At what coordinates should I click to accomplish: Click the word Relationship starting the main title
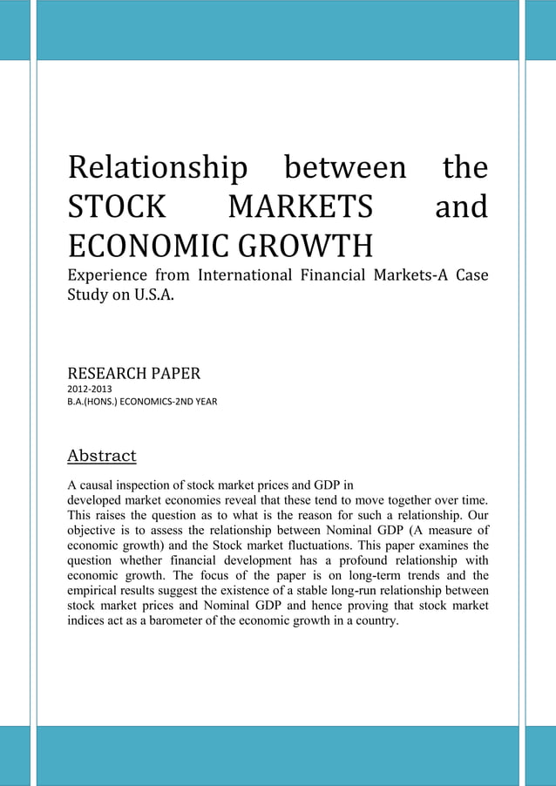[x=157, y=168]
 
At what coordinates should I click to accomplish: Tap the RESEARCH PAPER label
[x=134, y=375]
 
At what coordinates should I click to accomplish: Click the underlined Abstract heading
[x=102, y=456]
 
